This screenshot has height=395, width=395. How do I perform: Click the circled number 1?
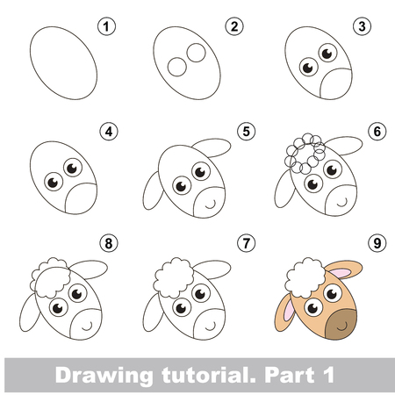(x=106, y=26)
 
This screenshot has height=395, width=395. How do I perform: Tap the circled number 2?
(x=234, y=26)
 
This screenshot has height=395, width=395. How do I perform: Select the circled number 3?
(x=362, y=26)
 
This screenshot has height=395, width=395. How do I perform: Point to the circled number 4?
(x=109, y=132)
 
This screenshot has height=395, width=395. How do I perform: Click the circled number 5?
(x=247, y=132)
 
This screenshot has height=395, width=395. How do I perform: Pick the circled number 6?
(x=377, y=132)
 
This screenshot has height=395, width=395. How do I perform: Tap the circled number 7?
(x=247, y=243)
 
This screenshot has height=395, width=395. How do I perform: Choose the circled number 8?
(x=109, y=243)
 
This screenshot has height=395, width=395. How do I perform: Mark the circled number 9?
(x=377, y=243)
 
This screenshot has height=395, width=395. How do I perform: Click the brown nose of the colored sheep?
(x=341, y=325)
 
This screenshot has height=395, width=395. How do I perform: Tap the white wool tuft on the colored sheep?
(x=305, y=278)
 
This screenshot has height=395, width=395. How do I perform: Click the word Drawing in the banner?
(x=104, y=376)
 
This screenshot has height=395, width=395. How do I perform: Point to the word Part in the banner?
(x=290, y=375)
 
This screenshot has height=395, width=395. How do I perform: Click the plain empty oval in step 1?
(x=63, y=63)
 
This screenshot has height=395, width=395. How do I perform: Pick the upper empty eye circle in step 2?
(x=196, y=53)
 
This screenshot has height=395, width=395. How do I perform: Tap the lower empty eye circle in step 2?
(x=177, y=67)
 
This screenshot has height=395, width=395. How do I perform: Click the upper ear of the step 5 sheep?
(x=212, y=147)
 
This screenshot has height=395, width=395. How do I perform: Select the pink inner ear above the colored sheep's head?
(x=341, y=273)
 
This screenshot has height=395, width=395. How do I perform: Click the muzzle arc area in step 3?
(x=336, y=84)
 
